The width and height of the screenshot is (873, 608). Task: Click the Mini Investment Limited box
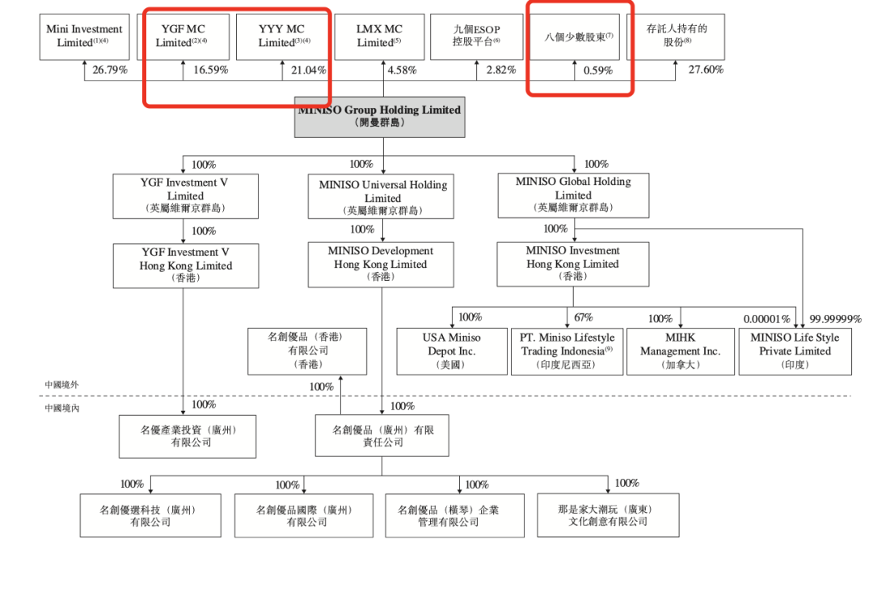click(x=84, y=36)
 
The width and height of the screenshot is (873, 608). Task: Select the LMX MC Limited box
click(x=379, y=36)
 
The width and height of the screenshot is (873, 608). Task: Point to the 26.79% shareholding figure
click(x=110, y=70)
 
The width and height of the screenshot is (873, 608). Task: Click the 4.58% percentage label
click(x=402, y=70)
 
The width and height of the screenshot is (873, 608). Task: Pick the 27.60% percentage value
click(x=706, y=70)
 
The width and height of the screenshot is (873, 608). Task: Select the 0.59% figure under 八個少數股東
click(x=598, y=70)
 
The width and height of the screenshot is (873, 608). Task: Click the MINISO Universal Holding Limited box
click(x=382, y=197)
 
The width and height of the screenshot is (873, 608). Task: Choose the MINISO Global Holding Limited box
click(x=573, y=195)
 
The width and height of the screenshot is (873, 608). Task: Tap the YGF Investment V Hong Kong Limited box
click(x=186, y=265)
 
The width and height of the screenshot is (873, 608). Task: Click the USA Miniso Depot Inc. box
click(x=451, y=350)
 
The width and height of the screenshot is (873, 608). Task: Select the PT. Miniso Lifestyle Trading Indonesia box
click(x=567, y=350)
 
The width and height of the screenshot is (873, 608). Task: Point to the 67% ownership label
click(x=584, y=317)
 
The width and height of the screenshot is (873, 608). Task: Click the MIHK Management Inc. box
click(x=680, y=350)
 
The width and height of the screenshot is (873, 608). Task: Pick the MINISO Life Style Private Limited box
click(x=795, y=350)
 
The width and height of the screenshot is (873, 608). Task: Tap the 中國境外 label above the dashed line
click(x=62, y=385)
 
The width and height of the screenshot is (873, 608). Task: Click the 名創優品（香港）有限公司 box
click(x=306, y=350)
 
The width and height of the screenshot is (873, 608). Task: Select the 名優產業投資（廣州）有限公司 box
click(x=188, y=436)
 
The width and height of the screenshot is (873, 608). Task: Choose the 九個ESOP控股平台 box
click(x=476, y=36)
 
